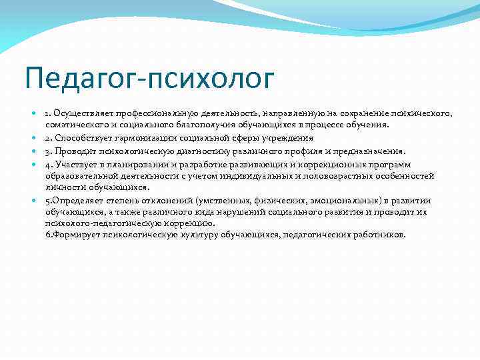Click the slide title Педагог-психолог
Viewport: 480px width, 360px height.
(x=149, y=79)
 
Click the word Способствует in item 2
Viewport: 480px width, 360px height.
(x=83, y=139)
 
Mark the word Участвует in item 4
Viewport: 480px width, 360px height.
(x=80, y=164)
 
